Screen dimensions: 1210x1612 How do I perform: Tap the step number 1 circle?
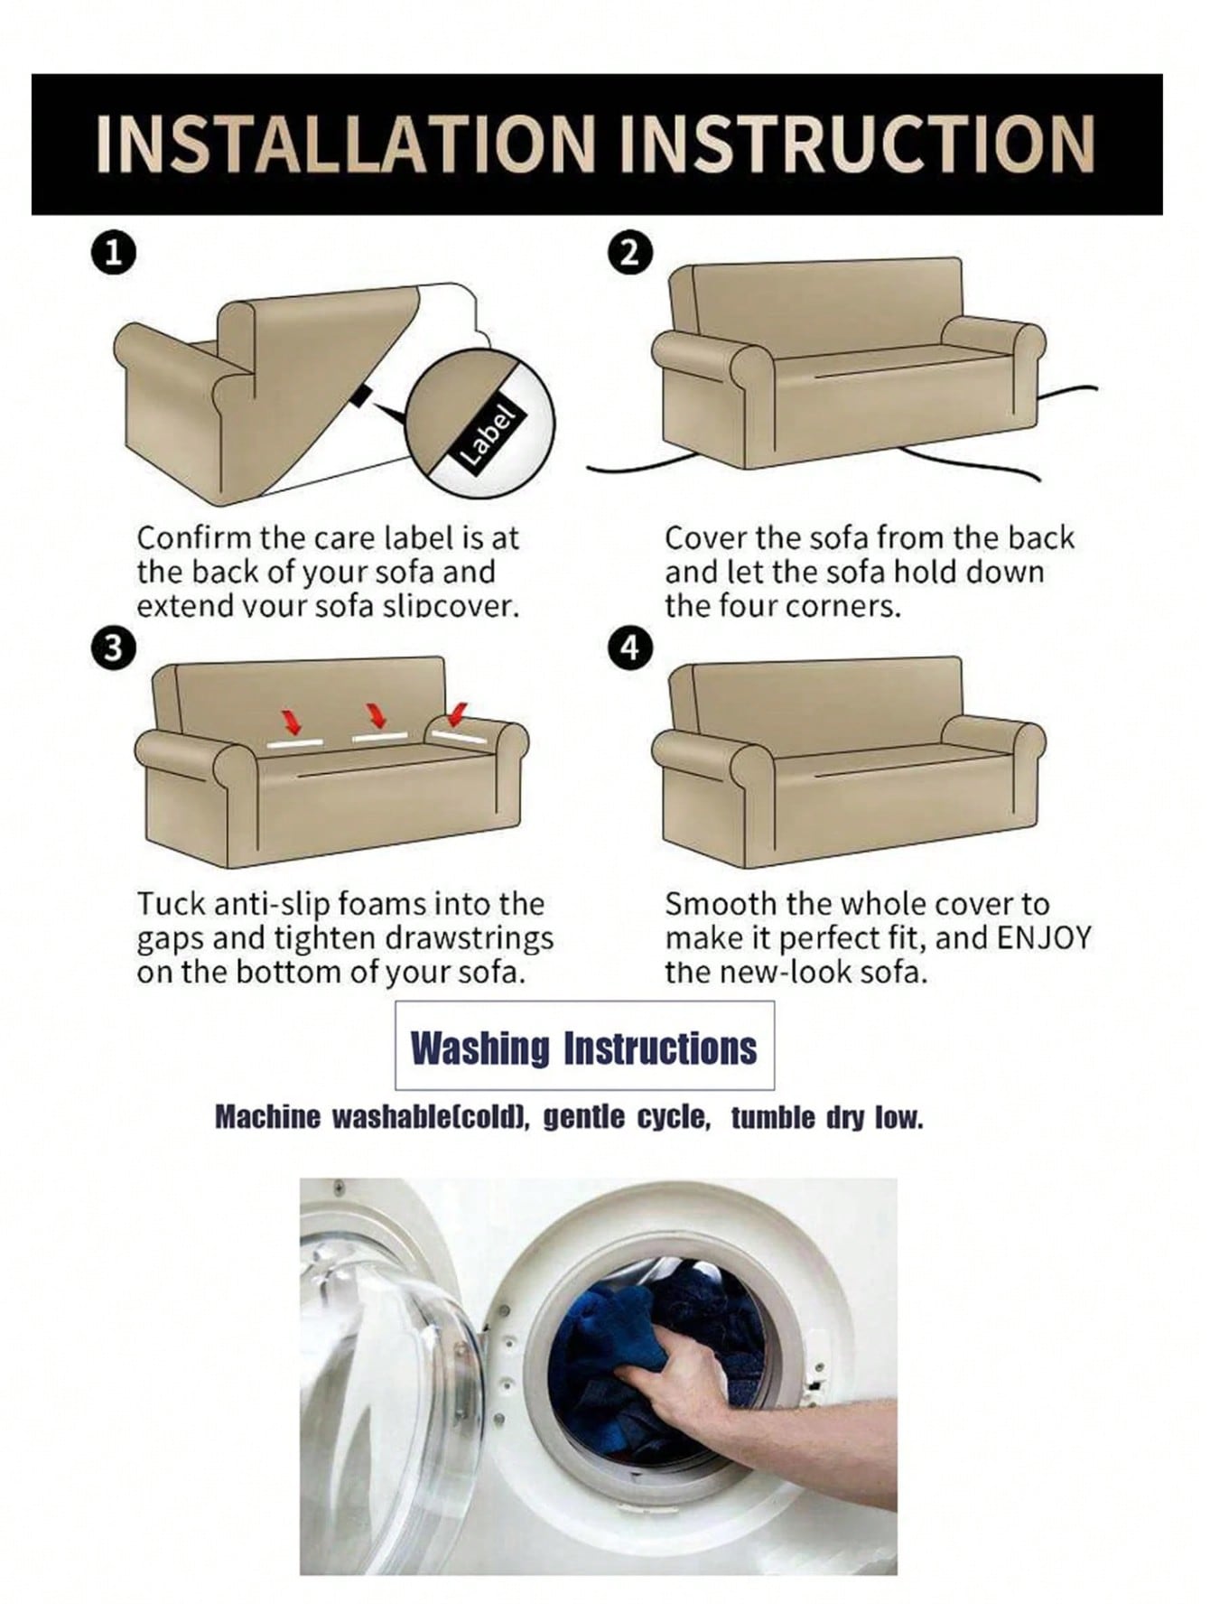[x=114, y=252]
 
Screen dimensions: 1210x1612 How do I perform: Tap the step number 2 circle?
[x=630, y=252]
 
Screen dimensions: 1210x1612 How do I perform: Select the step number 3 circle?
[x=112, y=648]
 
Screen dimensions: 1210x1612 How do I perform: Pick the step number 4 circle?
[x=630, y=648]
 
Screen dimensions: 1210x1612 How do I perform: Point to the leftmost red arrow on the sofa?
[x=291, y=720]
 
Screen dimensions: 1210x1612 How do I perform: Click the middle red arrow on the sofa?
[x=377, y=715]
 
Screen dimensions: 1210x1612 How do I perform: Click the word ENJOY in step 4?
[x=1045, y=937]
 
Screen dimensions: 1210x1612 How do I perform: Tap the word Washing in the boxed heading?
[x=479, y=1048]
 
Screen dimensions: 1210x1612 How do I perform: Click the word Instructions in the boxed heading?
[x=660, y=1048]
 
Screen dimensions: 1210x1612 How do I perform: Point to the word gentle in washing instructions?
[x=583, y=1118]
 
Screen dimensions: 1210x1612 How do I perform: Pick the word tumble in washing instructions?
[x=773, y=1118]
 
